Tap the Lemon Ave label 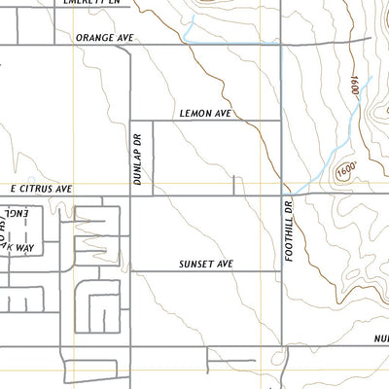pos(204,113)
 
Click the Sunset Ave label pos(206,264)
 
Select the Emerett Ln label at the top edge pos(93,3)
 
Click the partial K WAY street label pos(19,248)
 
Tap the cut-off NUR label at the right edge pos(379,338)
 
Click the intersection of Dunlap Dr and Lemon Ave pos(131,122)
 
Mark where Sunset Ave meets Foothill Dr pos(281,271)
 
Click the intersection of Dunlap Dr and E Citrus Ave pos(131,194)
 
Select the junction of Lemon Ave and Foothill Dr pos(281,122)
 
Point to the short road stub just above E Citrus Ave pos(234,184)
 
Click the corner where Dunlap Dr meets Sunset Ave pos(131,271)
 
